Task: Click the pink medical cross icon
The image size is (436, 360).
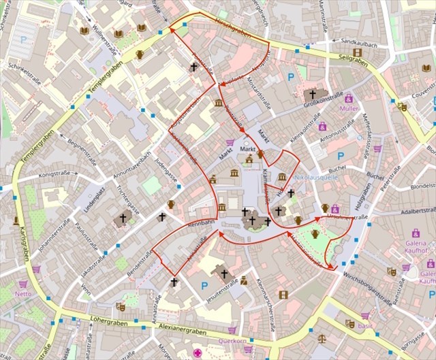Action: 198,353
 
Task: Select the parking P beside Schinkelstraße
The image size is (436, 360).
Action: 25,39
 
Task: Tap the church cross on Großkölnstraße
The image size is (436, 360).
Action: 313,95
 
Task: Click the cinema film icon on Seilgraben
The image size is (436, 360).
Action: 358,52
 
